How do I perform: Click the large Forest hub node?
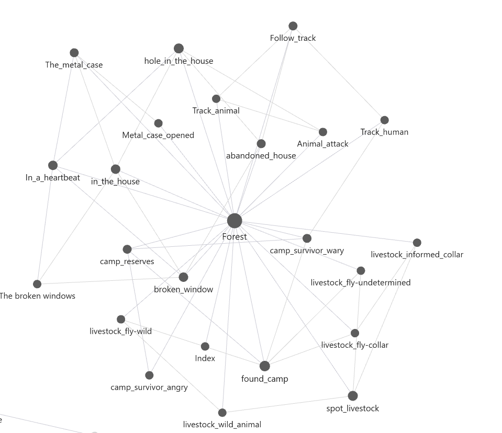pos(235,221)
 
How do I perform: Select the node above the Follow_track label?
pos(293,26)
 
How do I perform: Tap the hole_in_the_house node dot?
pos(179,49)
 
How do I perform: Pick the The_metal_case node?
pos(74,53)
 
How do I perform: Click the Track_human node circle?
pos(385,120)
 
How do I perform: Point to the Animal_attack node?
pos(322,132)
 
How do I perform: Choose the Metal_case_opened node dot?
pos(158,123)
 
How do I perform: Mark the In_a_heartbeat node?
pos(53,165)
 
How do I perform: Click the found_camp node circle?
pos(264,366)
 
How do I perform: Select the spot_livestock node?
pos(352,396)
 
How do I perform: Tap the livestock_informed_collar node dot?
pos(417,243)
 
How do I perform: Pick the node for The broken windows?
pos(37,284)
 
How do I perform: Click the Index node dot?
pos(205,346)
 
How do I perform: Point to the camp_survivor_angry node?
pos(149,375)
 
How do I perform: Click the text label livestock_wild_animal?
pos(222,425)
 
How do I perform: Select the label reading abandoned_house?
pos(261,156)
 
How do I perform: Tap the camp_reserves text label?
pos(127,261)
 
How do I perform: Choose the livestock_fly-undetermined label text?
pos(361,283)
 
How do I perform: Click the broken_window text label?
pos(183,289)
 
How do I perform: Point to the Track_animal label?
pos(216,111)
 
